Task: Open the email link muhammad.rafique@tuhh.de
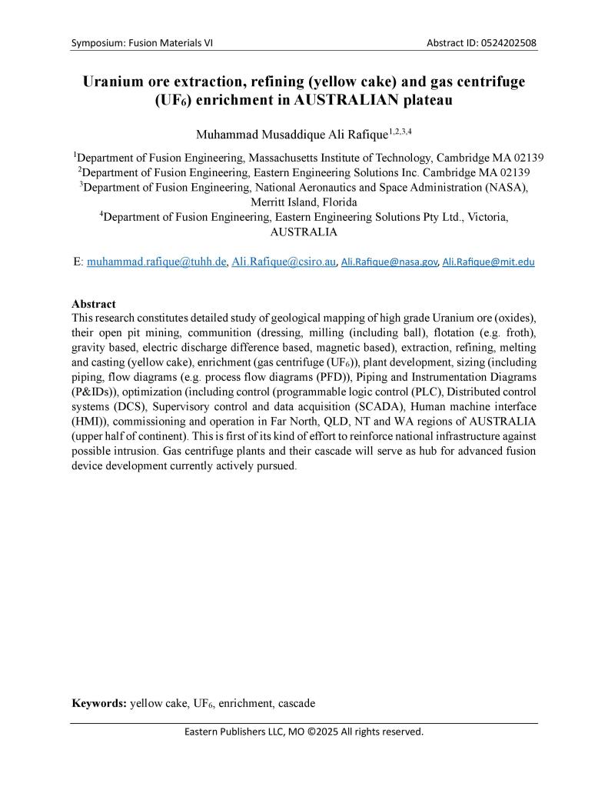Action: [157, 262]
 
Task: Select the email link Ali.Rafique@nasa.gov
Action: [389, 262]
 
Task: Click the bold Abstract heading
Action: [94, 304]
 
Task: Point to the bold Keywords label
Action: [99, 703]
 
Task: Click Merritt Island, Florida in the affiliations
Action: [304, 202]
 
